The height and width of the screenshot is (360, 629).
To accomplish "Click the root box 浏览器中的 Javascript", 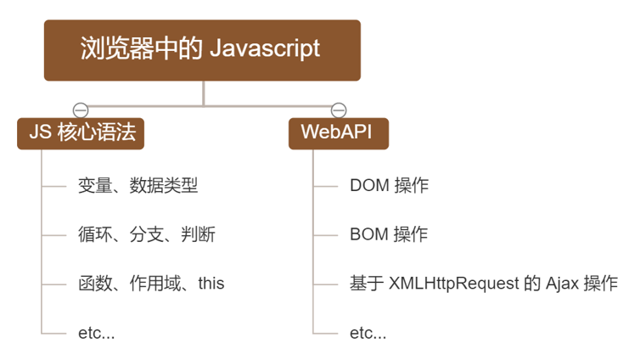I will [x=202, y=50].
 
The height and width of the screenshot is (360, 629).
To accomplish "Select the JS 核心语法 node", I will [x=81, y=133].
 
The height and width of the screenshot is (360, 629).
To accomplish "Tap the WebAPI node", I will [x=338, y=133].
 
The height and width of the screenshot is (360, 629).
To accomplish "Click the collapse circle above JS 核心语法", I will [x=81, y=110].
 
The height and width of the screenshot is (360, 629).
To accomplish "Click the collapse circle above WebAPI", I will [x=338, y=110].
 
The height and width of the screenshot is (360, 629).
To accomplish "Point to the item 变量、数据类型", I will [x=138, y=185].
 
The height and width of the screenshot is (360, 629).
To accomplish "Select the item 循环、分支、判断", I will [x=146, y=234].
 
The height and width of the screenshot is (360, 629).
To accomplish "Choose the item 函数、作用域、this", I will [x=151, y=283].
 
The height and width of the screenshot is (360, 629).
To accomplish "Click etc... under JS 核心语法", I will [x=96, y=332].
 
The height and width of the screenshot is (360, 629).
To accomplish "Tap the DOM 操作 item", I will [x=389, y=185].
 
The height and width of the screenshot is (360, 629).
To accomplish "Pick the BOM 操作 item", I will [x=389, y=234].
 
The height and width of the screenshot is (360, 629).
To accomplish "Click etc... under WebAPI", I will [x=368, y=332].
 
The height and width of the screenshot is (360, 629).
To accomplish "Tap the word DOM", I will [x=368, y=185].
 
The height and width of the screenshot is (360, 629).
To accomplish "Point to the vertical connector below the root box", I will [x=204, y=93].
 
